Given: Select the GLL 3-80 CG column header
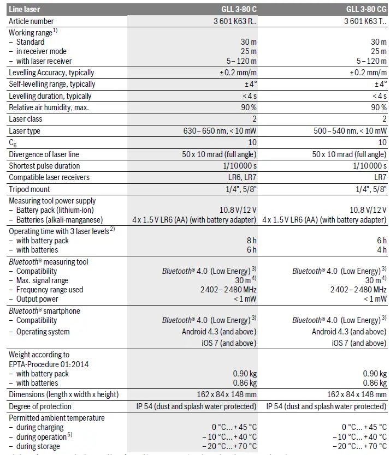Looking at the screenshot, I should pyautogui.click(x=366, y=9).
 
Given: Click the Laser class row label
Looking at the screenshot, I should pyautogui.click(x=26, y=119).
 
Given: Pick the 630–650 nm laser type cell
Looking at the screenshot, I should pyautogui.click(x=220, y=131).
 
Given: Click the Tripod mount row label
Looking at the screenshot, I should pyautogui.click(x=29, y=189).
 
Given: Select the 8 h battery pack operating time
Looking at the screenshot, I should pyautogui.click(x=251, y=241).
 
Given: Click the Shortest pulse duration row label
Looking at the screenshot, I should pyautogui.click(x=44, y=166).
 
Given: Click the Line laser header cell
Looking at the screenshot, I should pyautogui.click(x=25, y=9).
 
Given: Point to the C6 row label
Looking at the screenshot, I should pyautogui.click(x=13, y=143).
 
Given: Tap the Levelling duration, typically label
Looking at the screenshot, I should pyautogui.click(x=50, y=96).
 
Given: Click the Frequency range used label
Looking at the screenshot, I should pyautogui.click(x=50, y=290).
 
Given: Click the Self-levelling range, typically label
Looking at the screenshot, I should pyautogui.click(x=52, y=84).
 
